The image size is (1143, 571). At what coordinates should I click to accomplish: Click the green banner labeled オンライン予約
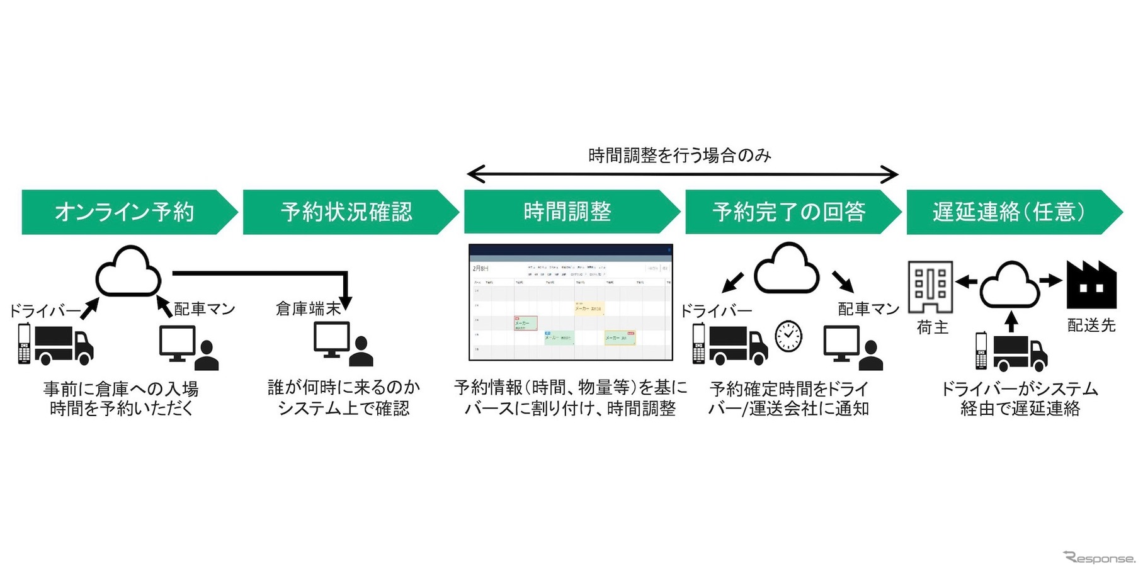125,212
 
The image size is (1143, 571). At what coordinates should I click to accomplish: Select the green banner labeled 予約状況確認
346,212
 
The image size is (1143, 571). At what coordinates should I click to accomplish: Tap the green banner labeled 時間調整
567,212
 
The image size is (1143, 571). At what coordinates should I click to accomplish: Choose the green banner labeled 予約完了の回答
788,212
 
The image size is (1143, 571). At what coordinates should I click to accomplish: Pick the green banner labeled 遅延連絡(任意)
1009,212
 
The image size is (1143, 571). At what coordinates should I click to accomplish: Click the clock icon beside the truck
788,336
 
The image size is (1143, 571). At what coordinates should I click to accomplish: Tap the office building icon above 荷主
930,287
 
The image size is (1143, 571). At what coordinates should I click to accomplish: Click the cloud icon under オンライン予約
128,272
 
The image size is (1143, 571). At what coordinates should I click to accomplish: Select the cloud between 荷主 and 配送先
1010,285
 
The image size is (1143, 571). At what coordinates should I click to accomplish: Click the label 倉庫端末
308,308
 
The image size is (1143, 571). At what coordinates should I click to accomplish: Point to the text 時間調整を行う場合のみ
680,155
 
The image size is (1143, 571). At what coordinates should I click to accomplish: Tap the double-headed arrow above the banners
682,174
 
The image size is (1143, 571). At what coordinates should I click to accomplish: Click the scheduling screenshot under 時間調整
571,302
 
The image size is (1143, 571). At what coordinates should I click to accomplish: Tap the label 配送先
1091,325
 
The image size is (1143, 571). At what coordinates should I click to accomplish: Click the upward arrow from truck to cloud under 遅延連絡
1011,322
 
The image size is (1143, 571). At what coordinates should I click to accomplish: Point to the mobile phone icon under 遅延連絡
981,351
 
